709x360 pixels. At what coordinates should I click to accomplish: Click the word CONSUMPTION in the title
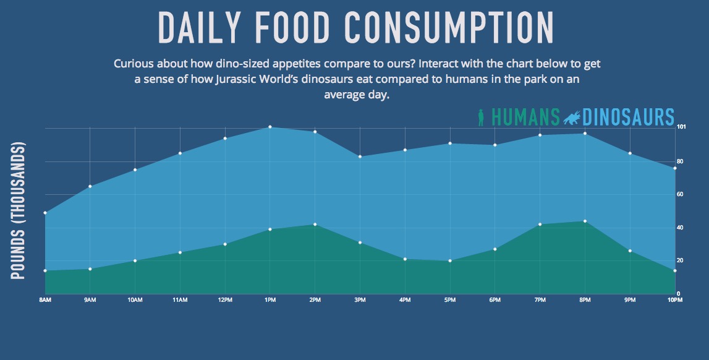pyautogui.click(x=448, y=27)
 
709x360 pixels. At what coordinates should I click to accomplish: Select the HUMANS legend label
pyautogui.click(x=526, y=117)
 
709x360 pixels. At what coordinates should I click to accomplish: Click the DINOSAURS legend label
pyautogui.click(x=628, y=117)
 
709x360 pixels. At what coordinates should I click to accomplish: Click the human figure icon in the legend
pyautogui.click(x=482, y=118)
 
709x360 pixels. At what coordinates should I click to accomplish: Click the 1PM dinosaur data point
pyautogui.click(x=270, y=127)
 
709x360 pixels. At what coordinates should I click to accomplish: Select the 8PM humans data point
pyautogui.click(x=585, y=221)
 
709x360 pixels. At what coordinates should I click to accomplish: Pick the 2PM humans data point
pyautogui.click(x=315, y=225)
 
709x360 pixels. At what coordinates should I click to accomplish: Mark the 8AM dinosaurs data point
pyautogui.click(x=45, y=213)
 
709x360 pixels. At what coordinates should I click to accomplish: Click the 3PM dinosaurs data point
pyautogui.click(x=360, y=156)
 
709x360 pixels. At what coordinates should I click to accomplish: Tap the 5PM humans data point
pyautogui.click(x=450, y=261)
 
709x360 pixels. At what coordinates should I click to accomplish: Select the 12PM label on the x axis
pyautogui.click(x=225, y=301)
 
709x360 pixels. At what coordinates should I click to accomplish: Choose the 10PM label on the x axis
pyautogui.click(x=674, y=301)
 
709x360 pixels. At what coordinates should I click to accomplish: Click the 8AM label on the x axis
pyautogui.click(x=45, y=301)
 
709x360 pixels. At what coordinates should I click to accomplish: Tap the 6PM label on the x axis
pyautogui.click(x=495, y=301)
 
